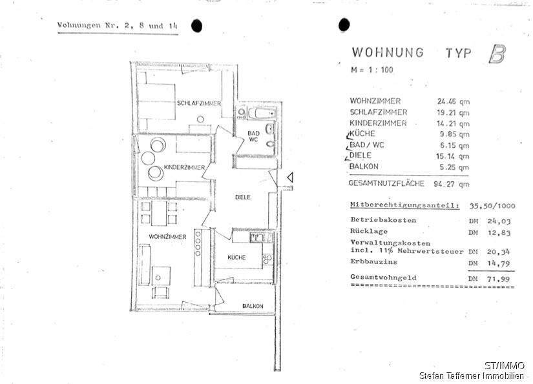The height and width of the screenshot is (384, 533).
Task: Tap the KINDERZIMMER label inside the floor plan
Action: [185, 168]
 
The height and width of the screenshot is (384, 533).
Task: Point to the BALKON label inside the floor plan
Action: [253, 306]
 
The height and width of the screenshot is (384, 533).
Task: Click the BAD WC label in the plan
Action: [253, 137]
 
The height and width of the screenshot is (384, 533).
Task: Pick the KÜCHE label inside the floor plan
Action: [236, 258]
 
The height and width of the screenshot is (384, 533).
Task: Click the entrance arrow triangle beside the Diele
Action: [291, 176]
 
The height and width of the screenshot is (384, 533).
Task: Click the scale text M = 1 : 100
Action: [371, 70]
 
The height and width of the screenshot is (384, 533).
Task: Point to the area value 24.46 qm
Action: [452, 101]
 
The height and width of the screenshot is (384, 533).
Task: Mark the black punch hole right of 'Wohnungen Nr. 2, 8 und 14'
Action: [197, 26]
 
